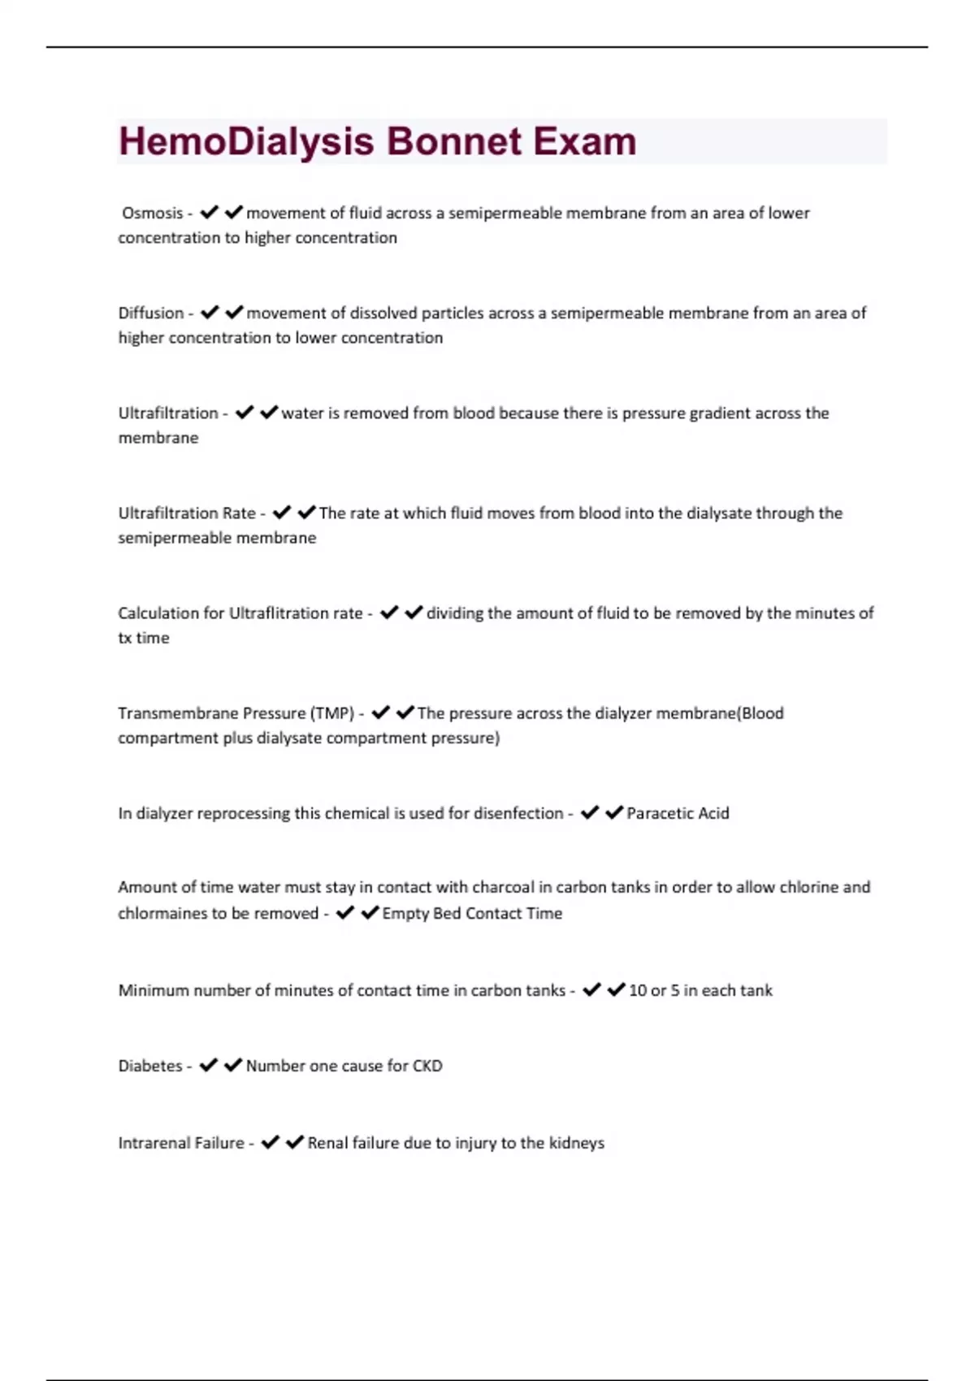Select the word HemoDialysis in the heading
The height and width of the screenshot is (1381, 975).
click(246, 142)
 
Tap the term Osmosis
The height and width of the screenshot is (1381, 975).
click(152, 213)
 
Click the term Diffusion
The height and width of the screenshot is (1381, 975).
click(150, 313)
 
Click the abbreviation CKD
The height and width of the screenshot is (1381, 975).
click(427, 1066)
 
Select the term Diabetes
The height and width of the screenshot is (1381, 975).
click(150, 1066)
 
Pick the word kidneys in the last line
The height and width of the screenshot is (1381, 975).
click(576, 1143)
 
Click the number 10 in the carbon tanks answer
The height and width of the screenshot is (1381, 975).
click(638, 990)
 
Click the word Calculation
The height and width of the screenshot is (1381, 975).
click(158, 613)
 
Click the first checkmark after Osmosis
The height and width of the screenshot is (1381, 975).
click(209, 212)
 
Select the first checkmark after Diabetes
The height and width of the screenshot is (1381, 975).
click(208, 1065)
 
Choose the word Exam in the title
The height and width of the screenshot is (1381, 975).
click(584, 142)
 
